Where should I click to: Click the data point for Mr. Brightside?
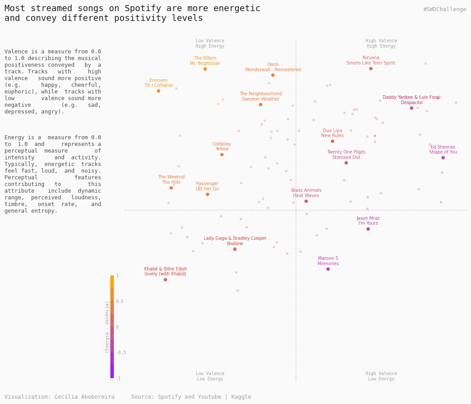(205, 69)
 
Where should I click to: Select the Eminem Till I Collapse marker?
(158, 91)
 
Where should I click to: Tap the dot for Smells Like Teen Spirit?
(370, 69)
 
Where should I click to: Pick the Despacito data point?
(411, 108)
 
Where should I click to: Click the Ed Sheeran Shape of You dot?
(443, 158)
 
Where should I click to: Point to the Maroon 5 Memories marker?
(328, 269)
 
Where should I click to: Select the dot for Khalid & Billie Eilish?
(165, 279)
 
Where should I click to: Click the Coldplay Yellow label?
(221, 146)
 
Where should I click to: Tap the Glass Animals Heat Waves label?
(306, 193)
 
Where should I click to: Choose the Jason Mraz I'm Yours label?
(368, 221)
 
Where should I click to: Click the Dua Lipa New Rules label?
(332, 133)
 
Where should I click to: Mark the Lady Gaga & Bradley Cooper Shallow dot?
(235, 249)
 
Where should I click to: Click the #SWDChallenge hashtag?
(444, 9)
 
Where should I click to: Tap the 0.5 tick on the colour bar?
(120, 302)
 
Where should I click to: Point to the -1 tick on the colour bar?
(118, 378)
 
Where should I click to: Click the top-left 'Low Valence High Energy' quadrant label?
(210, 44)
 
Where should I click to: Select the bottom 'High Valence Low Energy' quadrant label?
(381, 376)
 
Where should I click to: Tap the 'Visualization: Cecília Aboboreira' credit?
(59, 397)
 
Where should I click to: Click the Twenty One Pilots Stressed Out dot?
(346, 163)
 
